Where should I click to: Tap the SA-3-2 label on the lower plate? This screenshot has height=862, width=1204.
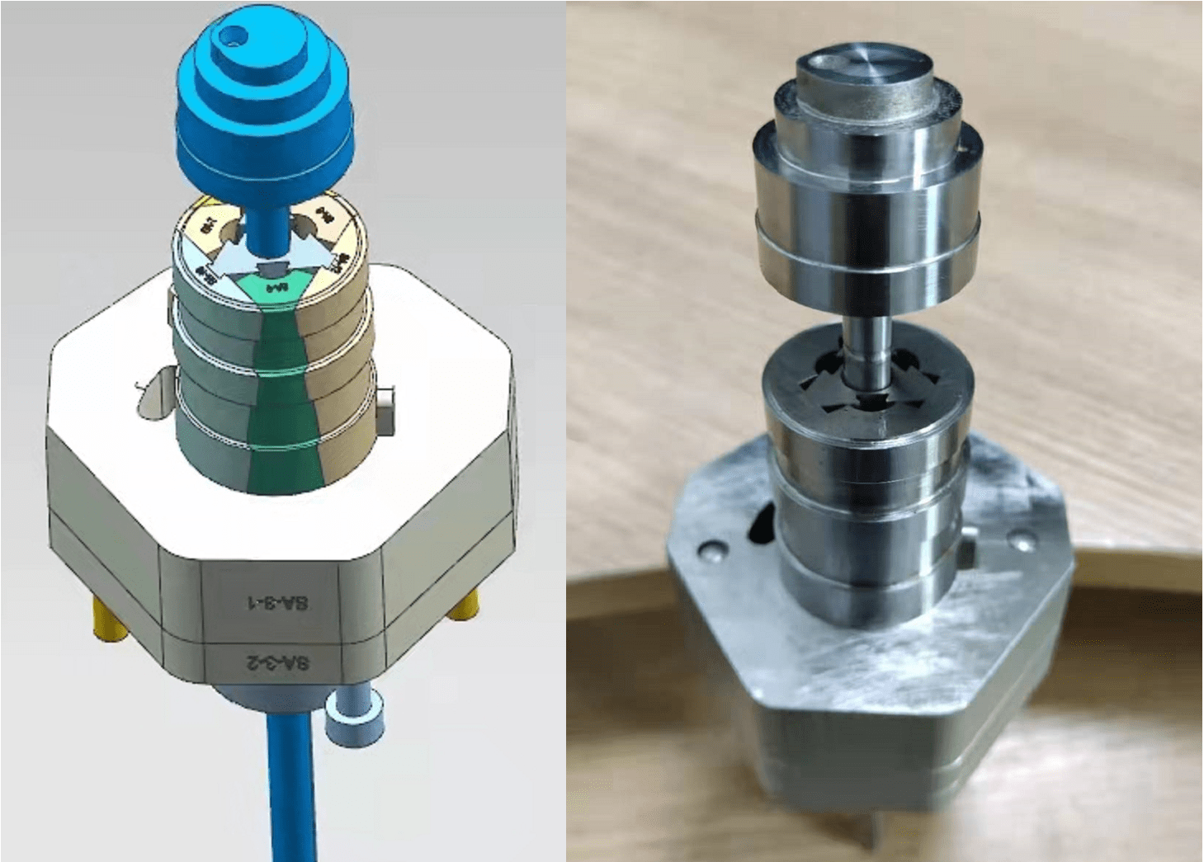(x=278, y=662)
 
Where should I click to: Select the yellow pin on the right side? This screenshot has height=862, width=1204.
(x=464, y=607)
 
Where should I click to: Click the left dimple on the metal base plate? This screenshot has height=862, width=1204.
(x=709, y=549)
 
